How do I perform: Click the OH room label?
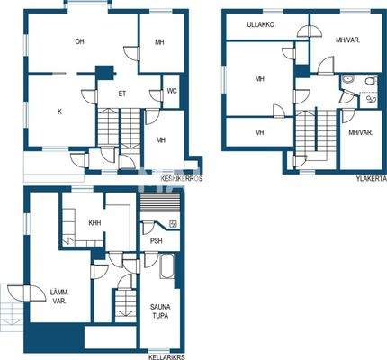tap(79, 41)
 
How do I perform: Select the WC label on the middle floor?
tap(171, 91)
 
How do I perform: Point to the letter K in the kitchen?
tap(59, 112)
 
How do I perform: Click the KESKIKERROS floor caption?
tap(182, 179)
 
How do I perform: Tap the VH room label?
tap(259, 132)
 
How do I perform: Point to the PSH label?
tap(157, 240)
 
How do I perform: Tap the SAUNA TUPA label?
tap(160, 311)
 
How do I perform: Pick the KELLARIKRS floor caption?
tap(166, 355)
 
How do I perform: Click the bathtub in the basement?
tap(166, 268)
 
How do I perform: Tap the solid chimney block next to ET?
tap(107, 74)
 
